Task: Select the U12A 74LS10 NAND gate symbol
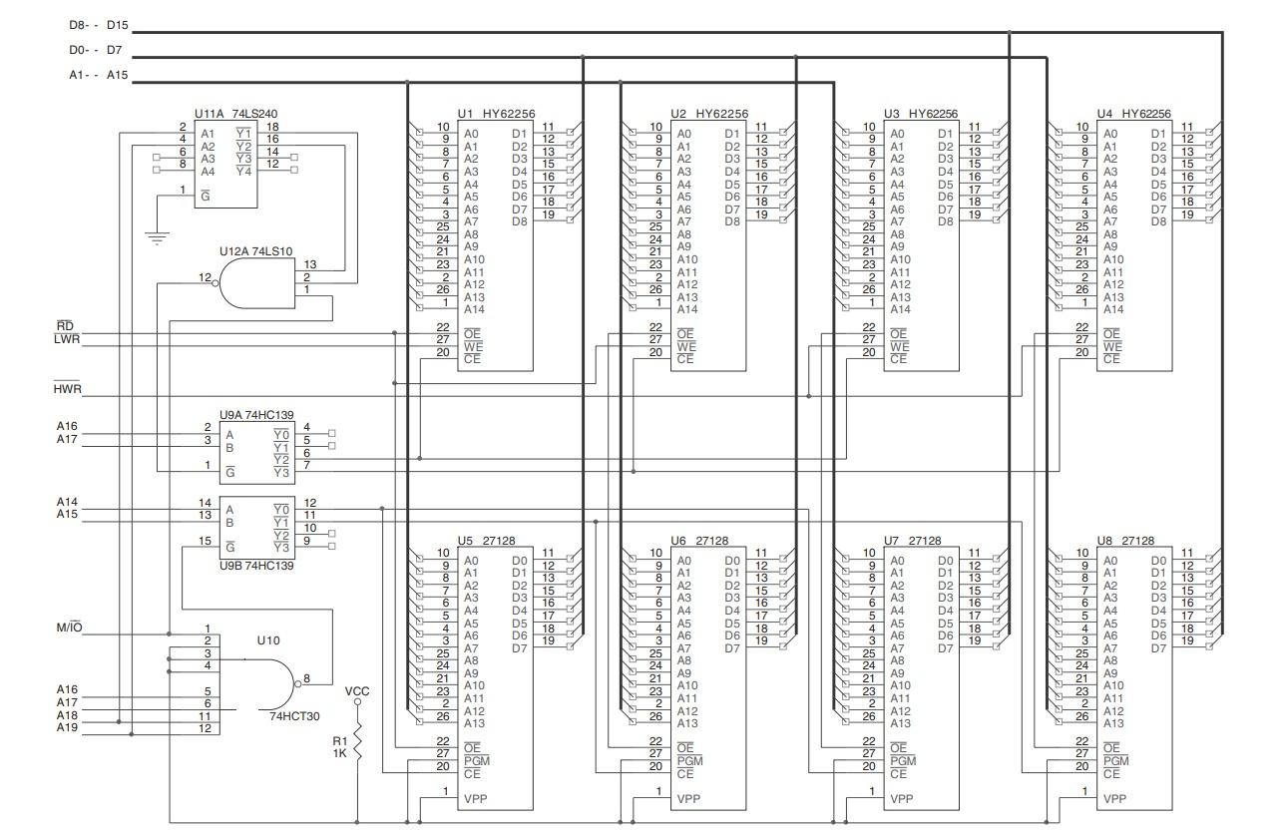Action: (x=256, y=289)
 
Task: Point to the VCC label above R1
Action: (x=356, y=690)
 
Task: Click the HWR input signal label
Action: (x=67, y=388)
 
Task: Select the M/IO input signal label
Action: (x=69, y=628)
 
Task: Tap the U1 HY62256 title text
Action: (x=496, y=115)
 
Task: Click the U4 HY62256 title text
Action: (x=1133, y=115)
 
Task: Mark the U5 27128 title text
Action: (x=486, y=540)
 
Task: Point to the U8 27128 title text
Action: (x=1125, y=540)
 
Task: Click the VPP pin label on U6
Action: (x=688, y=799)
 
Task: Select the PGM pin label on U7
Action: (x=902, y=761)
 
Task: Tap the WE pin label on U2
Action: (x=685, y=346)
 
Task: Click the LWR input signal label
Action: (x=67, y=339)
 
